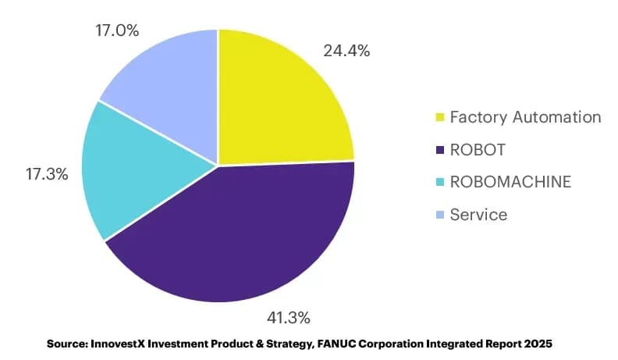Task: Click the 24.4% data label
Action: click(x=346, y=51)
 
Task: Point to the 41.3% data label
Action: click(x=289, y=318)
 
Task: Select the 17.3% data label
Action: click(x=47, y=174)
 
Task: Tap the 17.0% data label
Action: click(x=117, y=30)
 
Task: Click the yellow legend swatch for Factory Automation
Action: click(x=440, y=117)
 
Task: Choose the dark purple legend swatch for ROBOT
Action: click(x=440, y=150)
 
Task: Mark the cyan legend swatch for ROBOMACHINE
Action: click(x=440, y=182)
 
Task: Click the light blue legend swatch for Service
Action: click(x=440, y=215)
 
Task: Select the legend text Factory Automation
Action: click(x=525, y=117)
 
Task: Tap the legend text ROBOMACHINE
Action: click(x=510, y=182)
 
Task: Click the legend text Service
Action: click(x=478, y=215)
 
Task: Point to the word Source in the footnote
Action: click(x=67, y=344)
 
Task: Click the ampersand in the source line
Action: click(x=259, y=344)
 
